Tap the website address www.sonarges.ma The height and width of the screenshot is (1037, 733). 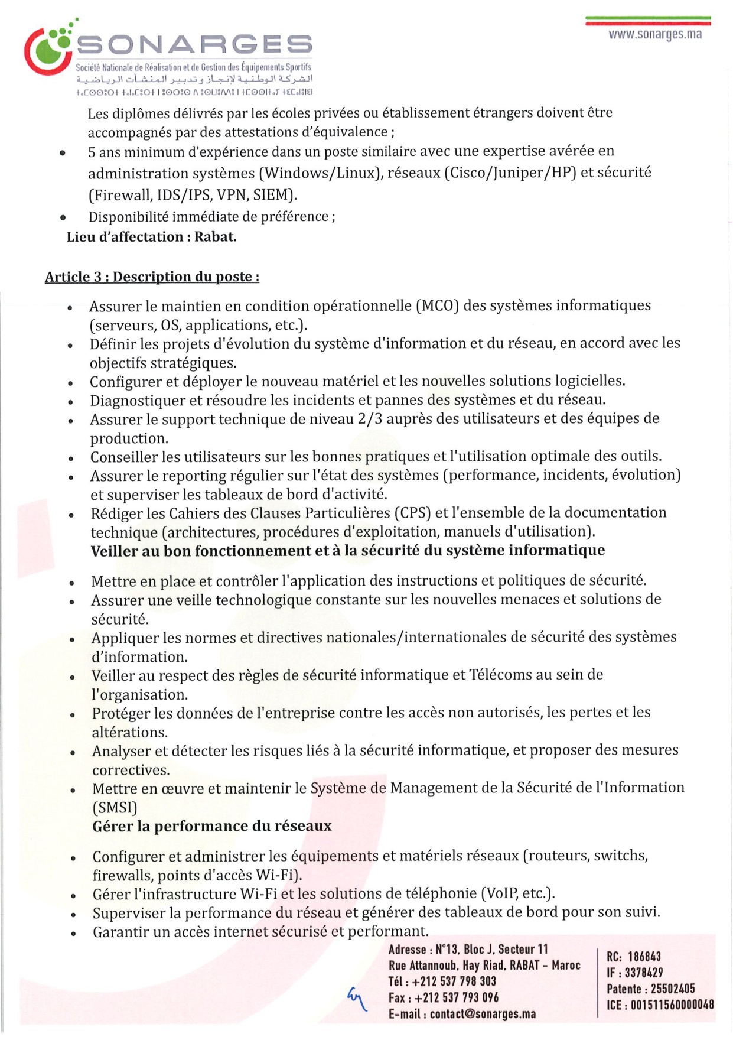point(655,34)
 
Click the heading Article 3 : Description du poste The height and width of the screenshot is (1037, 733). point(152,277)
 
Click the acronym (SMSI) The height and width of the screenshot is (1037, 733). point(115,807)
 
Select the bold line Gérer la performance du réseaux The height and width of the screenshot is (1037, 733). point(211,826)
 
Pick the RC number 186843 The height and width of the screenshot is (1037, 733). point(644,957)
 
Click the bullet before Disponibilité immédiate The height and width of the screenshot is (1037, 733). point(63,217)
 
